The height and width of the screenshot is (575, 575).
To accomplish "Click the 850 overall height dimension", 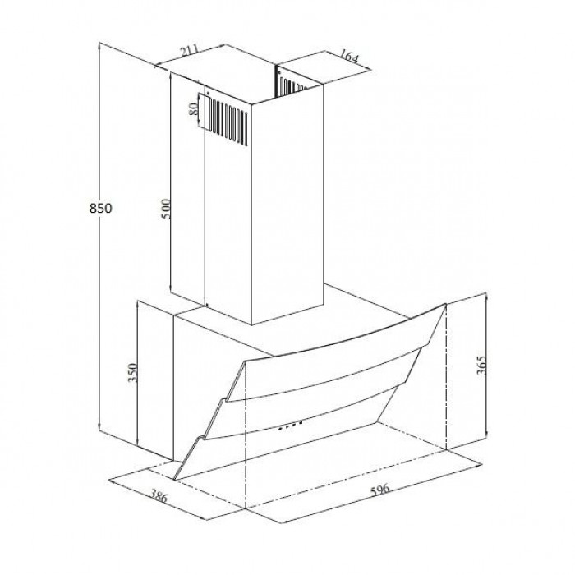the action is point(100,209).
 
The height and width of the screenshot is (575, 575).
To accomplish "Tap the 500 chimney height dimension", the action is point(166,209).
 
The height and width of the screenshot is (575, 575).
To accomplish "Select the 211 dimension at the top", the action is point(190,51).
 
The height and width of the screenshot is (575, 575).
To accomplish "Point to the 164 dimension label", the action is point(347,56).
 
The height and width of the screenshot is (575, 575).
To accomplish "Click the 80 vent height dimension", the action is point(193,109).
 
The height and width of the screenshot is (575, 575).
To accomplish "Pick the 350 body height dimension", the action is point(132,373).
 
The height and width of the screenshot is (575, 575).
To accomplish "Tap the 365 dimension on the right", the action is point(481,365).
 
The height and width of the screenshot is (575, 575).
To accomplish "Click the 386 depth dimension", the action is point(159,496).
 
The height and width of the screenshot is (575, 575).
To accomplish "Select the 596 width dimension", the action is point(379,490).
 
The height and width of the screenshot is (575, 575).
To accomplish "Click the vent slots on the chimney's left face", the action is point(229,121).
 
